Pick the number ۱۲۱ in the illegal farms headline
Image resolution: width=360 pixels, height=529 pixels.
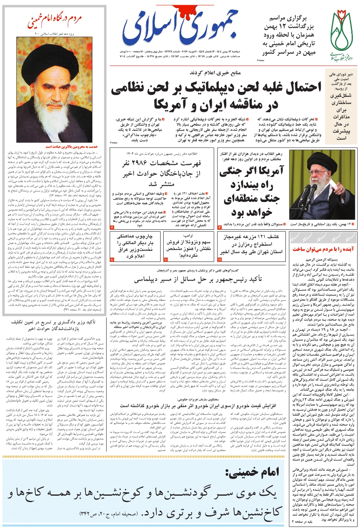(260, 237)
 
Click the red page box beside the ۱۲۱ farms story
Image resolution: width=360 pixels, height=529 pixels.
(220, 259)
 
